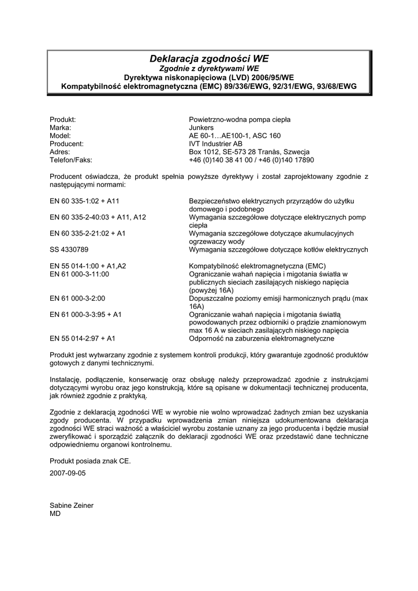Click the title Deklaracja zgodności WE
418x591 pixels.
pos(209,58)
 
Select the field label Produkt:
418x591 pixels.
pos(63,119)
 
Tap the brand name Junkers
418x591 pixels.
pos(201,128)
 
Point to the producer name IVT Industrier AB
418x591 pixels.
pos(215,144)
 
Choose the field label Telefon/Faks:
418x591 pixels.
pos(71,160)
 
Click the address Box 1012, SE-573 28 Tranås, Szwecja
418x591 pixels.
pos(249,152)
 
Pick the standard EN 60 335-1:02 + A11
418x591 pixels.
pos(84,201)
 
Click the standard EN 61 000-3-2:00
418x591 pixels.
pos(77,298)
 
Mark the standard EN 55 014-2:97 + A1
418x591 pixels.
pos(83,339)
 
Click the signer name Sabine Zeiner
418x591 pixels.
pos(72,505)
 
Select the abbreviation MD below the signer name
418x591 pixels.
pos(55,513)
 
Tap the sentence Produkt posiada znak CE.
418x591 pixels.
pos(90,461)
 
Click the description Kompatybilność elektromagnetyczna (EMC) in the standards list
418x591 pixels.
pos(257,266)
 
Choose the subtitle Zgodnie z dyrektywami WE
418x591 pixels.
pos(209,68)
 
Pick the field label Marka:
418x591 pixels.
pos(61,128)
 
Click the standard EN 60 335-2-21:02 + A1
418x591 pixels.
pos(88,233)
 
